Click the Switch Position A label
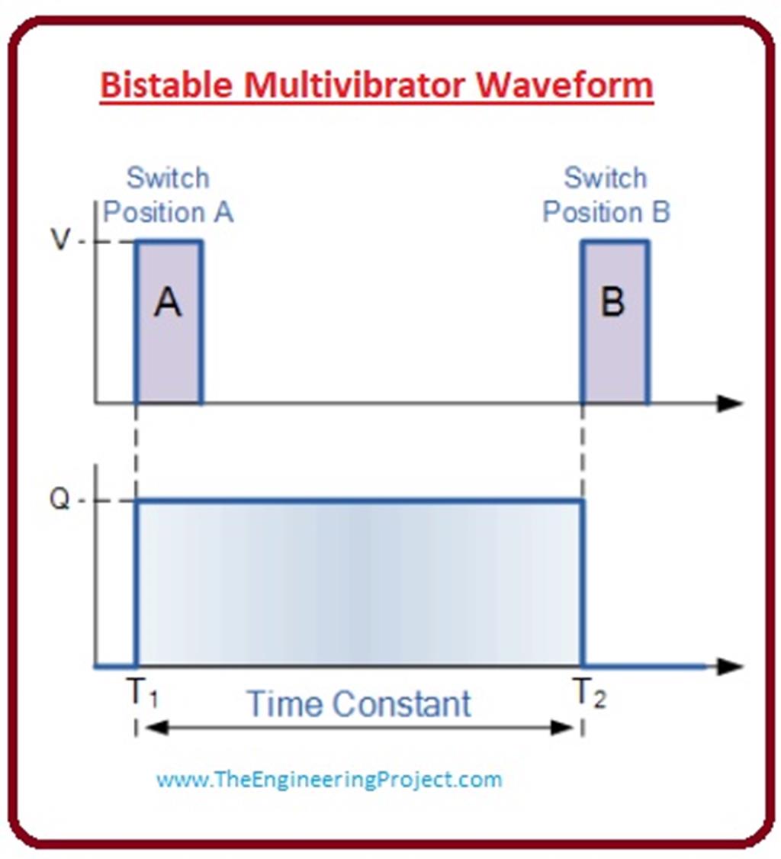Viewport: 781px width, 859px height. tap(168, 195)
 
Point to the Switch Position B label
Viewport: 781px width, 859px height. tap(606, 195)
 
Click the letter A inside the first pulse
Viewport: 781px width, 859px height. tap(168, 304)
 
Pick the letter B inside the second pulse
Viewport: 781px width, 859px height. tap(613, 304)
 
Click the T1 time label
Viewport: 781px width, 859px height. tap(141, 696)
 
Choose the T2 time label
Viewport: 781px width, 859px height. tap(589, 696)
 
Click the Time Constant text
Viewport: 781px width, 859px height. tap(359, 703)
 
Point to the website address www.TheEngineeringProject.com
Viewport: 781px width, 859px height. tap(329, 779)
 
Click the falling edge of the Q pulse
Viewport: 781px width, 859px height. tap(583, 584)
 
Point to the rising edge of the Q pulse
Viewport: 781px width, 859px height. tap(136, 584)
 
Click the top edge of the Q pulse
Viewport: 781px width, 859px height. tap(359, 501)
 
